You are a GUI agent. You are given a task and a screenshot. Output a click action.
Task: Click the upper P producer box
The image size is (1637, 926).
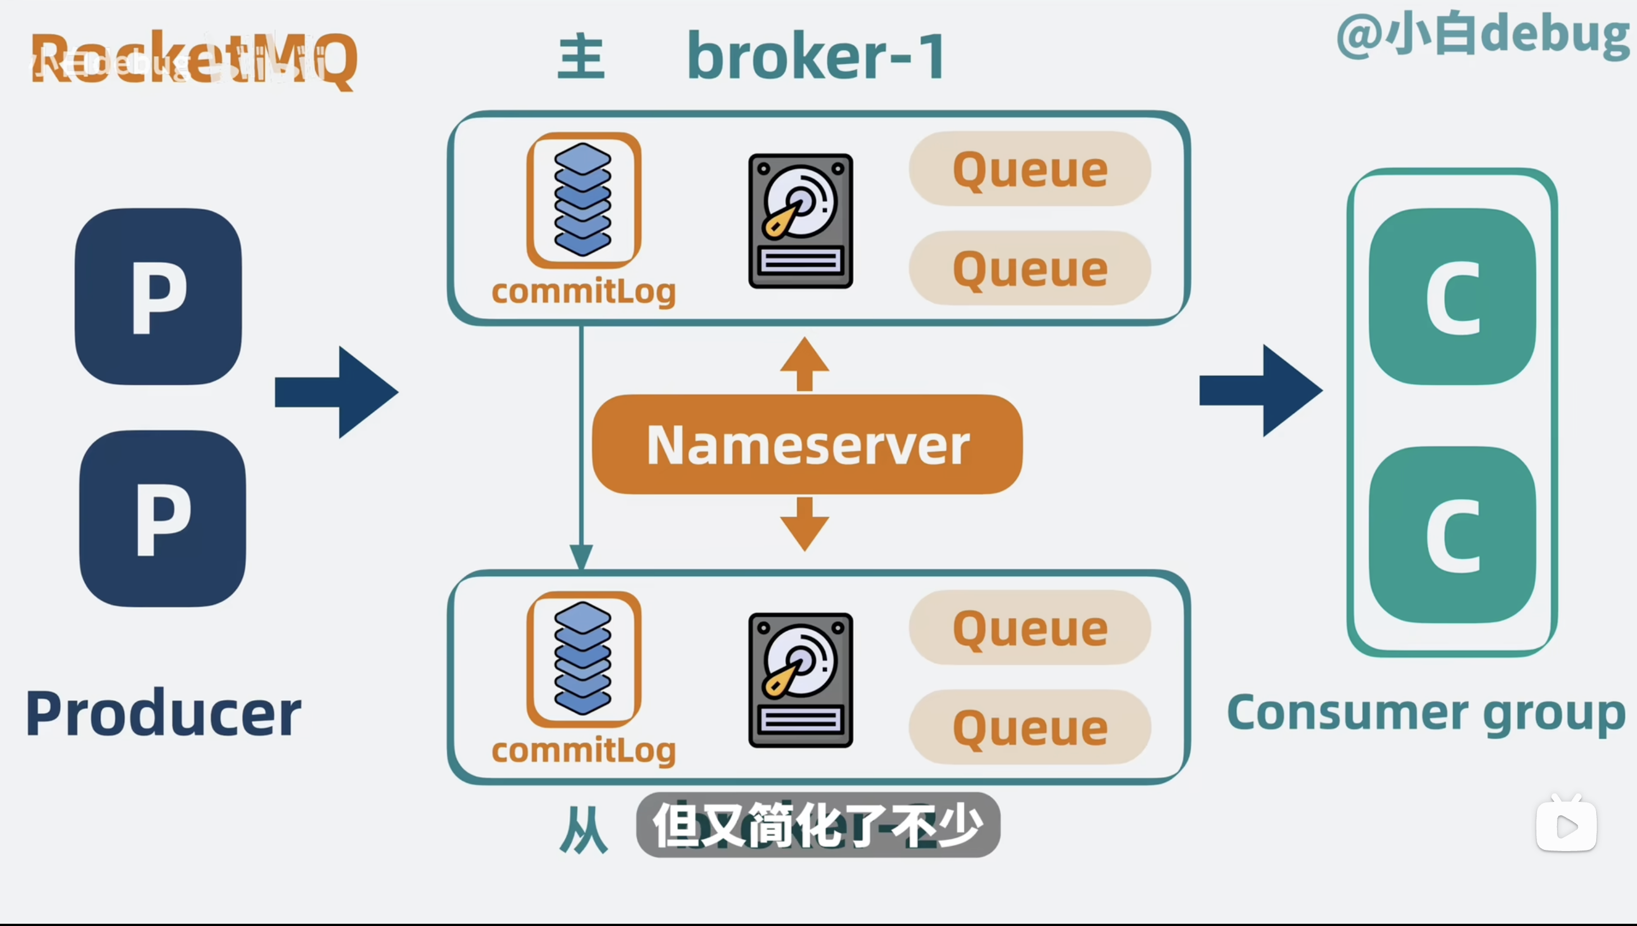158,296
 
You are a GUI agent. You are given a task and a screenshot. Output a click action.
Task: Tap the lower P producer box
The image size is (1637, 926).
163,518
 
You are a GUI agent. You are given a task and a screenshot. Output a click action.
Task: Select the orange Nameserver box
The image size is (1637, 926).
807,445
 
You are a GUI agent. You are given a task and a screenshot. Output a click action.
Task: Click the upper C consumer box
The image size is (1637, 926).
1453,296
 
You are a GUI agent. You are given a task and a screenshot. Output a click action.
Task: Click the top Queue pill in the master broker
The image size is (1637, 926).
1030,169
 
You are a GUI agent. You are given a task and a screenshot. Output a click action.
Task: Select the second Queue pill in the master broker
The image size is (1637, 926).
1030,268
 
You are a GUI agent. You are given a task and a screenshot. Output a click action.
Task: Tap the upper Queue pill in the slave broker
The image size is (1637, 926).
1030,629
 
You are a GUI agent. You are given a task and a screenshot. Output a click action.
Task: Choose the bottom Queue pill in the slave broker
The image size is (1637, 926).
1030,727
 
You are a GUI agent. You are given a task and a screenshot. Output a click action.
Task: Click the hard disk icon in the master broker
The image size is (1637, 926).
801,221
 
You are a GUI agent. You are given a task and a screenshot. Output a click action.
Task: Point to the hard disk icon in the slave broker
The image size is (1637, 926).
801,680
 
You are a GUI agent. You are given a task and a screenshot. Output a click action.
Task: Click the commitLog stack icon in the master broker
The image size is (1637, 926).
583,200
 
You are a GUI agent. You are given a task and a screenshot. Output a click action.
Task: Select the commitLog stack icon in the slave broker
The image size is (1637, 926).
583,659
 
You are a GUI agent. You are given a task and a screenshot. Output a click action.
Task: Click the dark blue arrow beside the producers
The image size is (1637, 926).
337,393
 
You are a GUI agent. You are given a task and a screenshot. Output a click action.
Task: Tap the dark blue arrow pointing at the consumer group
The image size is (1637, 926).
1261,390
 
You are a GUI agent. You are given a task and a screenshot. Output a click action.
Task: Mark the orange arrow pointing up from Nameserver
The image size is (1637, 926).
805,365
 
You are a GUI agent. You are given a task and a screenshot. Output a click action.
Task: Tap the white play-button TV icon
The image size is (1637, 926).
1566,824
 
